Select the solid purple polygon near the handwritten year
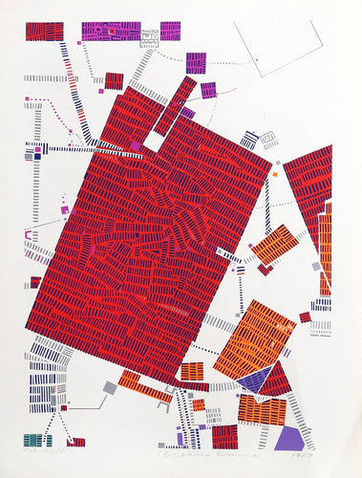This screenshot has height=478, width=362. point(288,438)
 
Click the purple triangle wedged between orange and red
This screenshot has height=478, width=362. point(253,380)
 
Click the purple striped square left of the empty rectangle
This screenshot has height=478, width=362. point(196,63)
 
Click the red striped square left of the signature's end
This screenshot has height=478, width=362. point(225,437)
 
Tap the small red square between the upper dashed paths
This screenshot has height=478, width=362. point(114,80)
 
